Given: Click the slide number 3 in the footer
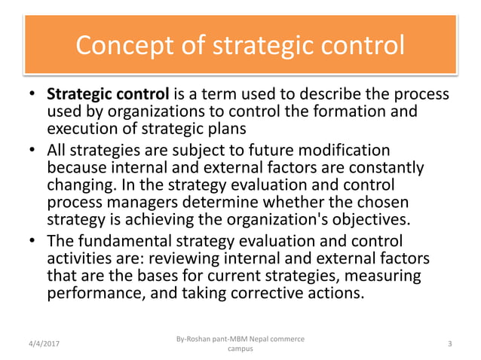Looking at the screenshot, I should click(x=449, y=343).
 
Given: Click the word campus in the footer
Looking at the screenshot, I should click(x=240, y=349).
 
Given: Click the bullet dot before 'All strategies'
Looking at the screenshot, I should click(x=32, y=150).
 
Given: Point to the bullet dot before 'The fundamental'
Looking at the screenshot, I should click(x=32, y=242).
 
